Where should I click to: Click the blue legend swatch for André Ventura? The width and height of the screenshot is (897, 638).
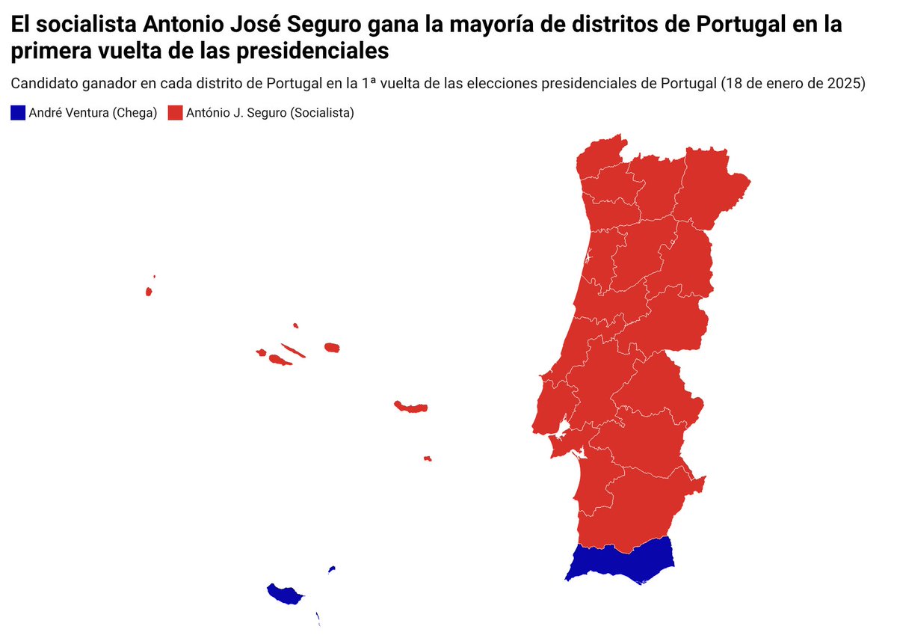(18, 113)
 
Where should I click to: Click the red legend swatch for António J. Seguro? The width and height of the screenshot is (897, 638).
(175, 113)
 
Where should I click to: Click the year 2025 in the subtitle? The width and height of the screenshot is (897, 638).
(847, 83)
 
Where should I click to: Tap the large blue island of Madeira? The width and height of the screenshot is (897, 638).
(284, 595)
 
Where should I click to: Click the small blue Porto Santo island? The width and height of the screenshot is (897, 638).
(331, 570)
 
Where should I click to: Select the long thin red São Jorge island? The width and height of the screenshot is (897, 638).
(293, 351)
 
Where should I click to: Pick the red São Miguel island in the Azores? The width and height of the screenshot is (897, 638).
(411, 408)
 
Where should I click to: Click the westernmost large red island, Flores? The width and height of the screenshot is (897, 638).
(149, 291)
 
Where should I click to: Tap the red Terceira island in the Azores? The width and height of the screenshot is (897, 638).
(332, 348)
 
